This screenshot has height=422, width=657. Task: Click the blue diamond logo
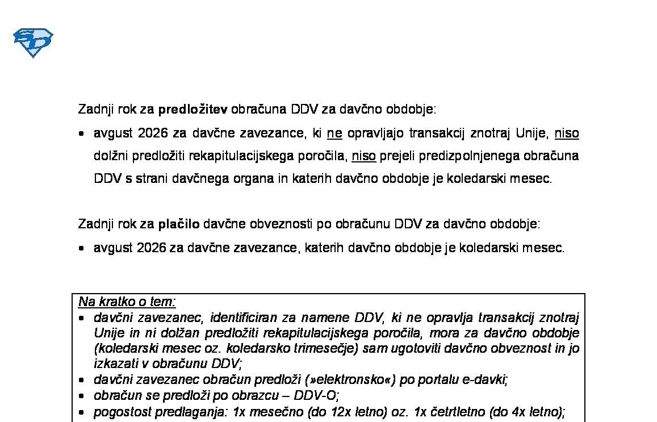click(x=33, y=43)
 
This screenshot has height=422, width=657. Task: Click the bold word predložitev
click(x=193, y=109)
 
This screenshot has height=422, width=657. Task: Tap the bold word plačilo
click(x=178, y=224)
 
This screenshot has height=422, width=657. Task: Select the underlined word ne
click(x=334, y=133)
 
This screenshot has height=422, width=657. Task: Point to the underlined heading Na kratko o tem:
click(x=127, y=302)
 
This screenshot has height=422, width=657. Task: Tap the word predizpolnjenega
click(x=445, y=156)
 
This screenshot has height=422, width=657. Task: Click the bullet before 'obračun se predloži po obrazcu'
click(x=82, y=396)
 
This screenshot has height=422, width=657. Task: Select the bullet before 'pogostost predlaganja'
click(x=82, y=412)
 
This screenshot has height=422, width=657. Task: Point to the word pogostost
click(x=118, y=412)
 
